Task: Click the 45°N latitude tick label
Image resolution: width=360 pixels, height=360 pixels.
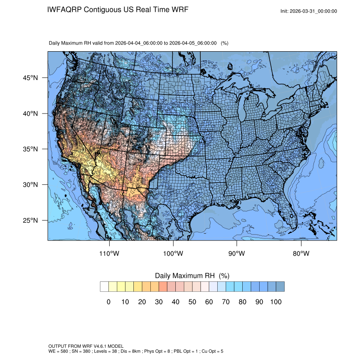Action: (x=30, y=78)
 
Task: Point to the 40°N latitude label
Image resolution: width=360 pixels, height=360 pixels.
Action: (x=30, y=114)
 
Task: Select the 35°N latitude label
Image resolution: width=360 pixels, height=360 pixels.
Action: (x=30, y=149)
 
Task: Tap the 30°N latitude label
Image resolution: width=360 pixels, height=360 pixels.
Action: (x=30, y=185)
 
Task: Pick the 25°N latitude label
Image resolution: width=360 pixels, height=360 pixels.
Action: (x=30, y=220)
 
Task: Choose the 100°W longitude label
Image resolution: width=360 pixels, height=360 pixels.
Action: (x=173, y=254)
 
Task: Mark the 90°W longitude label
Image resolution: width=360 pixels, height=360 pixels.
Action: (x=237, y=254)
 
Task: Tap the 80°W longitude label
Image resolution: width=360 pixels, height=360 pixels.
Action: (x=301, y=254)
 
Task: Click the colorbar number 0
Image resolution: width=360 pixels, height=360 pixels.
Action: (x=108, y=302)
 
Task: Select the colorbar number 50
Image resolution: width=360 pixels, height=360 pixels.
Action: (x=192, y=302)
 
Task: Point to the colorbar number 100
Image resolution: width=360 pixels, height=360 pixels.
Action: (x=276, y=302)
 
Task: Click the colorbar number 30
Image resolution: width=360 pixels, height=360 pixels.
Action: (x=159, y=302)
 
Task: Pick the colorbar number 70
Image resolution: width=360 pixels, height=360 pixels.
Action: (x=226, y=302)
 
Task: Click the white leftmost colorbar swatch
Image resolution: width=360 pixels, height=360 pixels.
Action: (x=104, y=287)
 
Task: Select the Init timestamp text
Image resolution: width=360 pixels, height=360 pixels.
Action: (x=309, y=11)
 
